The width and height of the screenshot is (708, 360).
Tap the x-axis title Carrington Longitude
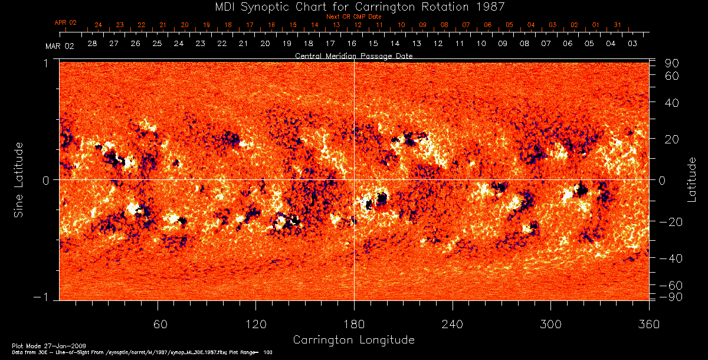353,340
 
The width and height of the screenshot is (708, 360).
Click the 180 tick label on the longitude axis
354,324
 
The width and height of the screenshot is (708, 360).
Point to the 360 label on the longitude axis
648,324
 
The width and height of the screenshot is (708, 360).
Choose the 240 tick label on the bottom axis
452,324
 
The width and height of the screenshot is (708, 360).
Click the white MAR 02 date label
60,47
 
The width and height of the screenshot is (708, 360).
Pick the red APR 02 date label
65,22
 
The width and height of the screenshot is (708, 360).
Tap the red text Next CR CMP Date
353,17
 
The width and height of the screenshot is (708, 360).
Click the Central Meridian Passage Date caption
353,55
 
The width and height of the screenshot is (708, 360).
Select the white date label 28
92,44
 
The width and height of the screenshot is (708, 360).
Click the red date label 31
617,25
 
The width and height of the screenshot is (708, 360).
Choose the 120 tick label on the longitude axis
255,324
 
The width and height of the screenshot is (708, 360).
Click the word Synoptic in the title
274,6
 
